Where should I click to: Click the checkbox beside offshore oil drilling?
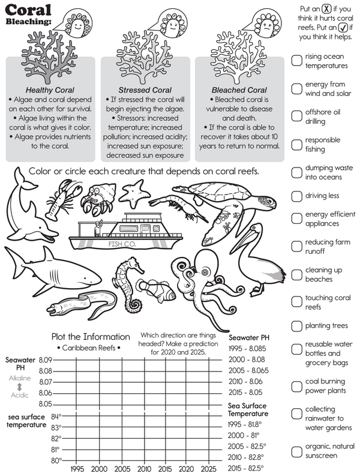coord(296,116)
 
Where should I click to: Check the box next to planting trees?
coord(296,326)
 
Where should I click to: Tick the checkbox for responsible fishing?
coord(296,144)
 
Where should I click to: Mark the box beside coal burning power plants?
coord(296,386)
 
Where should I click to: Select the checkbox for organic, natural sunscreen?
coord(296,451)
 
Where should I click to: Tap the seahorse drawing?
coord(127,283)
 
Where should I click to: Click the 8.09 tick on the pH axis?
coord(45,360)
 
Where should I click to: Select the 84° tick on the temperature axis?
coord(56,417)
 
